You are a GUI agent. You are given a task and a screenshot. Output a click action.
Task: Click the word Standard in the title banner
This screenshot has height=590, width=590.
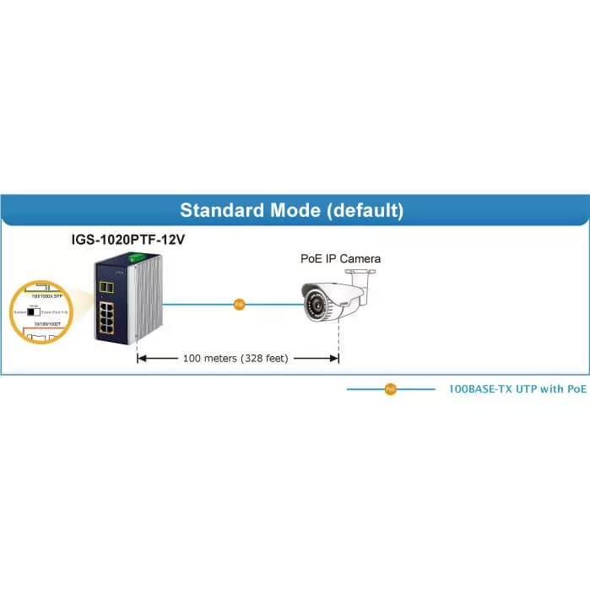pyautogui.click(x=221, y=210)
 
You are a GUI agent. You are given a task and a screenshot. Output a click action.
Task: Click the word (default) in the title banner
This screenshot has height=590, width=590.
pyautogui.click(x=364, y=210)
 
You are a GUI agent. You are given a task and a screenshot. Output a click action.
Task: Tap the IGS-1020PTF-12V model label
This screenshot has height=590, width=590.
pyautogui.click(x=127, y=240)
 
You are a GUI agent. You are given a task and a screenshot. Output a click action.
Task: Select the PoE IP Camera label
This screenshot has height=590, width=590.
pyautogui.click(x=340, y=258)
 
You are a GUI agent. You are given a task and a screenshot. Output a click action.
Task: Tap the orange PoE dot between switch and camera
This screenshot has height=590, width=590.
pyautogui.click(x=239, y=303)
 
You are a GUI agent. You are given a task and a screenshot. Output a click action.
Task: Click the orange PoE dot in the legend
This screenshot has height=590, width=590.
pyautogui.click(x=390, y=389)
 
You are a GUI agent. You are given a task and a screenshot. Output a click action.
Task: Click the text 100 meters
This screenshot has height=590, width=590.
pyautogui.click(x=208, y=358)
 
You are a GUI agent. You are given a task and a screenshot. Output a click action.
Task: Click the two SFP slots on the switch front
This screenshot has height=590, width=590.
pyautogui.click(x=107, y=288)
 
